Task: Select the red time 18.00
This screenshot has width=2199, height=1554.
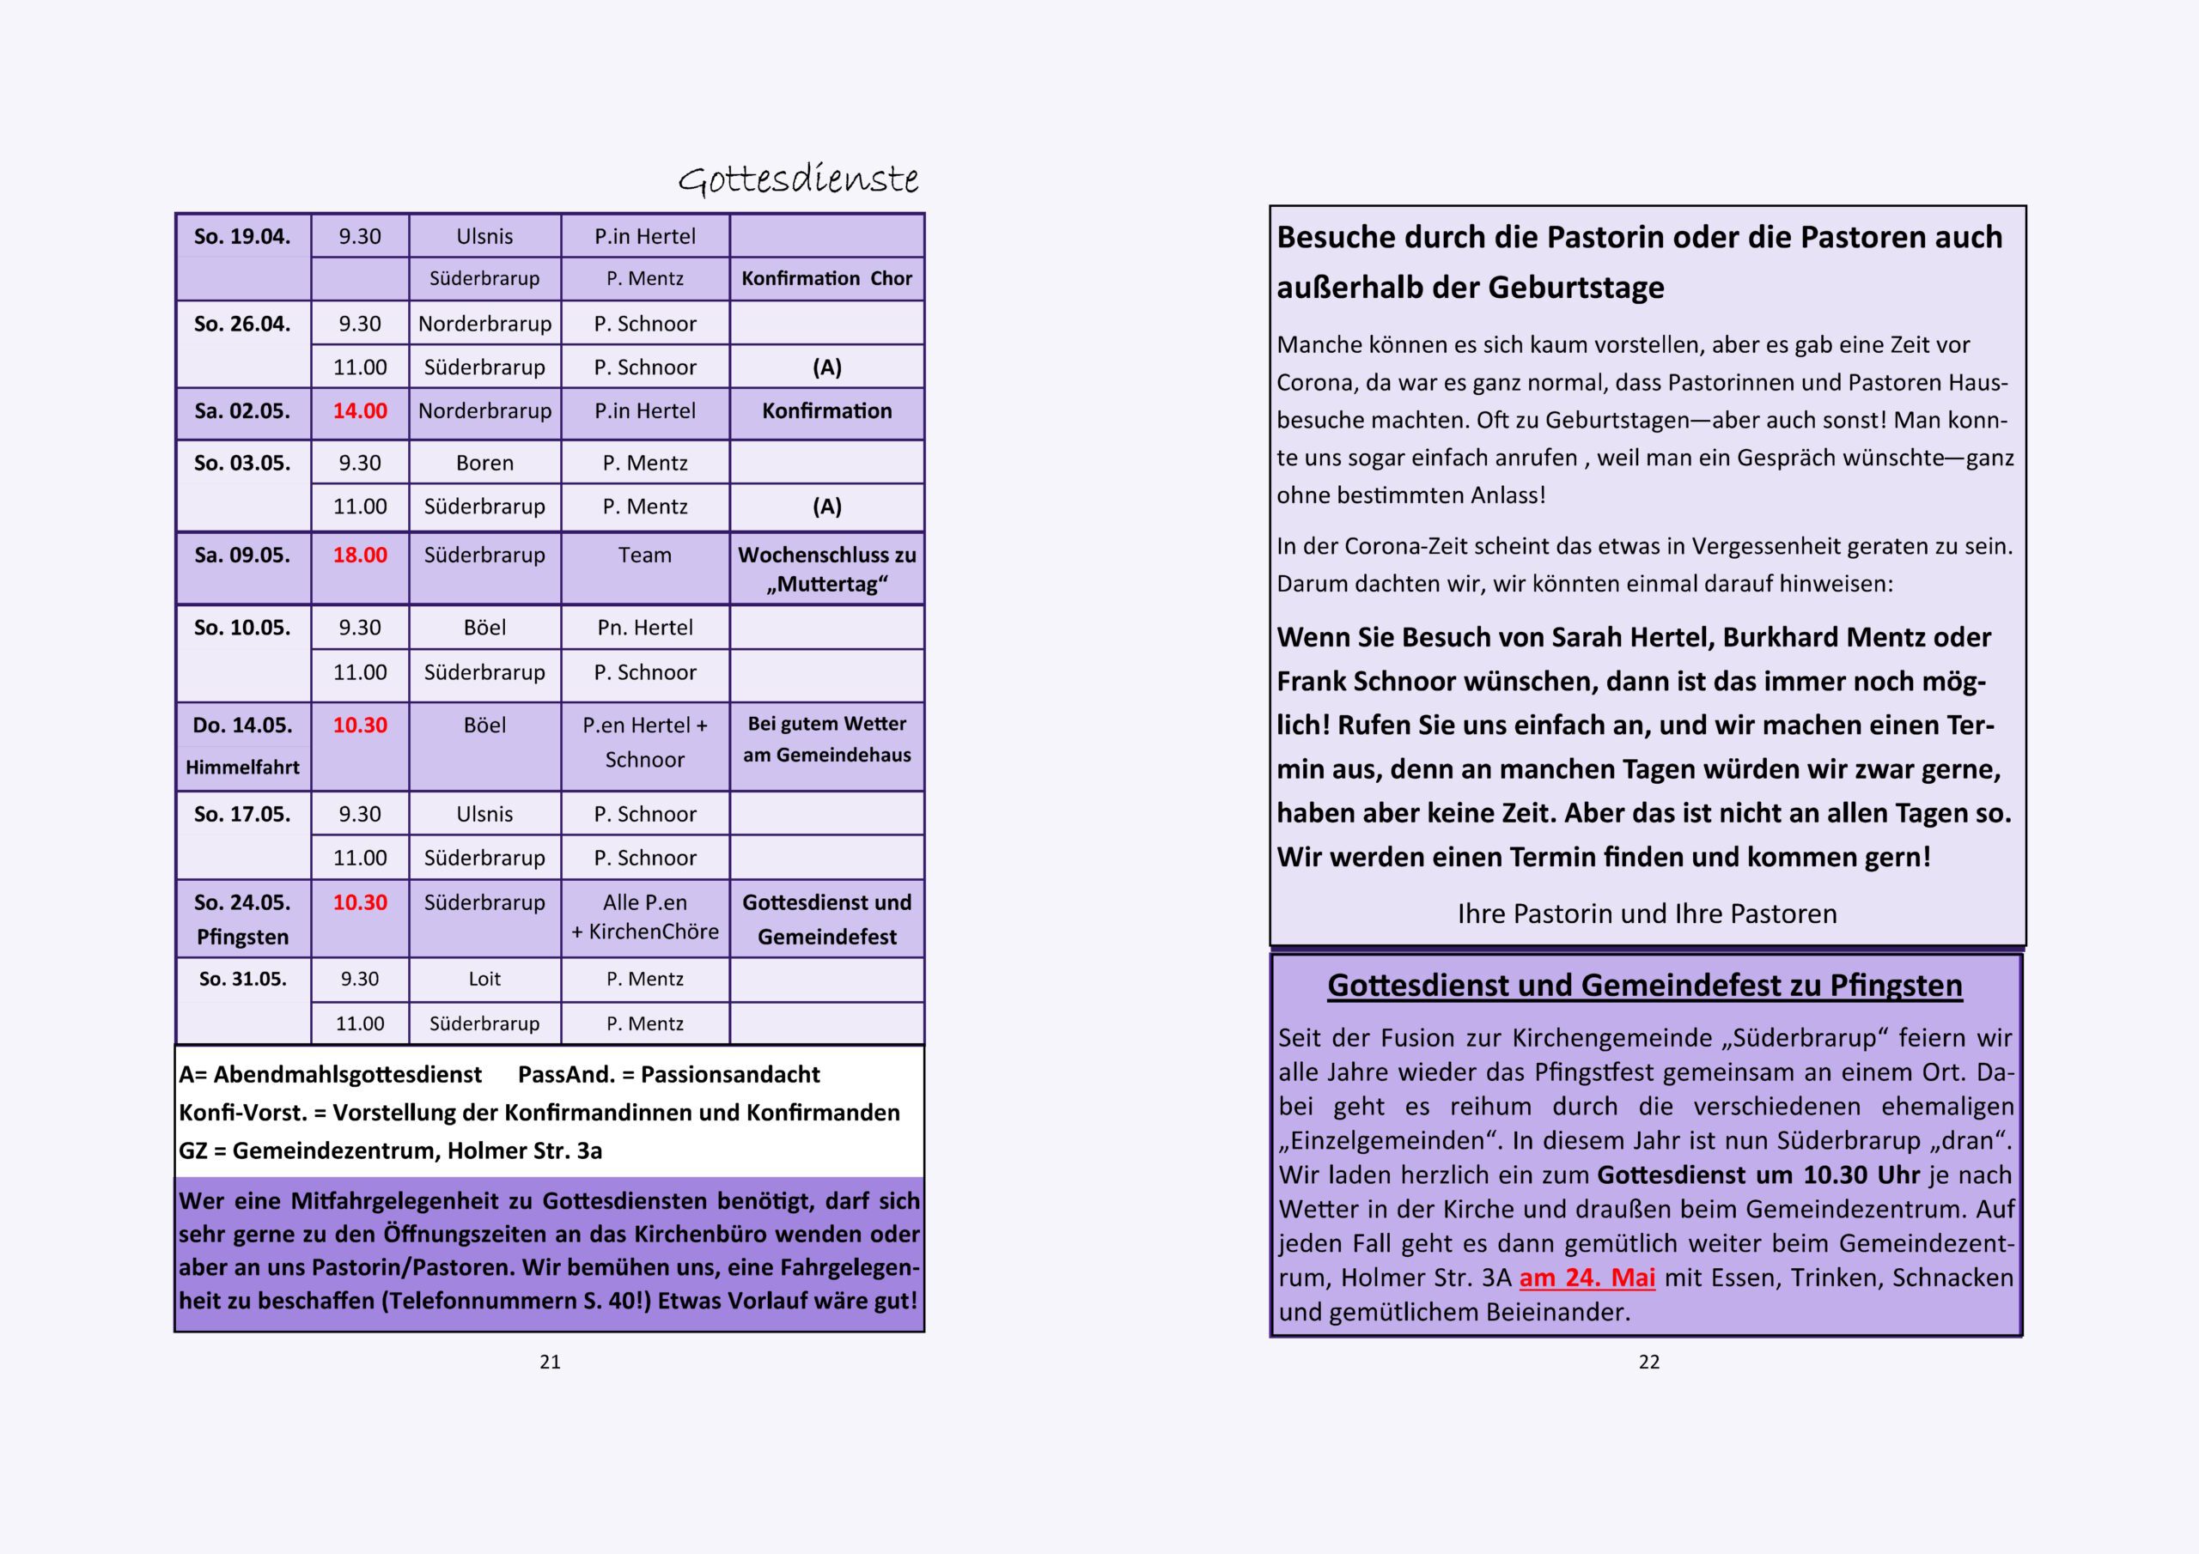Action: pyautogui.click(x=360, y=555)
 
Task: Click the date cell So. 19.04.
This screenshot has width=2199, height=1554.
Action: pyautogui.click(x=242, y=236)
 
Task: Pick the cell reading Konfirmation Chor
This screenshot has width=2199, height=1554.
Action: pyautogui.click(x=826, y=279)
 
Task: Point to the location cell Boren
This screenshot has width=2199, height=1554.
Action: pyautogui.click(x=484, y=464)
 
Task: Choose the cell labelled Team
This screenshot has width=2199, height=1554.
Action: pyautogui.click(x=644, y=555)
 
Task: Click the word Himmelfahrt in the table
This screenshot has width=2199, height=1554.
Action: pyautogui.click(x=242, y=767)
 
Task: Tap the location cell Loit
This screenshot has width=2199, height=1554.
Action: pyautogui.click(x=484, y=979)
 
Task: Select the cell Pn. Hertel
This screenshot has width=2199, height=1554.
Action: pyautogui.click(x=644, y=628)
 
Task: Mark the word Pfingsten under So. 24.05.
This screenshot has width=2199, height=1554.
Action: pyautogui.click(x=242, y=937)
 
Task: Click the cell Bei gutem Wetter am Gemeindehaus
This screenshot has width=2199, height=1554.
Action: pyautogui.click(x=826, y=739)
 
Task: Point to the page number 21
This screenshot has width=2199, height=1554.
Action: pyautogui.click(x=550, y=1362)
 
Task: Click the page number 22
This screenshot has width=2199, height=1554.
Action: pyautogui.click(x=1648, y=1362)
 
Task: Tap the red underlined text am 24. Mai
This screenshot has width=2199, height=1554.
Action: pyautogui.click(x=1587, y=1278)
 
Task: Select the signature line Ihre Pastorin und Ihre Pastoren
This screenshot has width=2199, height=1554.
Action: pyautogui.click(x=1648, y=914)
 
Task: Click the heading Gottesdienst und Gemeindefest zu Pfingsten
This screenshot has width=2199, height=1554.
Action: pyautogui.click(x=1644, y=986)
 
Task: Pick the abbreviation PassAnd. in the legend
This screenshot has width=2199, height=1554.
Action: pyautogui.click(x=566, y=1074)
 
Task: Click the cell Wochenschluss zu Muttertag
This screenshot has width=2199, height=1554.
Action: pyautogui.click(x=826, y=570)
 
